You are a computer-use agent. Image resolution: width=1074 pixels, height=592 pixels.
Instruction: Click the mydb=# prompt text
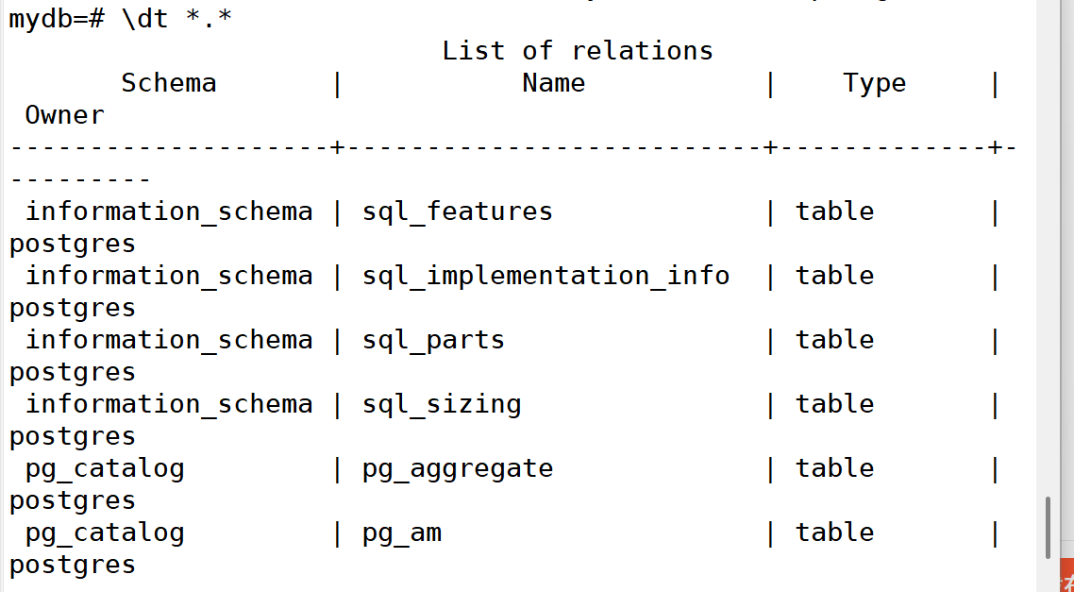coord(56,19)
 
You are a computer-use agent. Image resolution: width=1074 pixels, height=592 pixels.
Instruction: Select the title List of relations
coord(577,50)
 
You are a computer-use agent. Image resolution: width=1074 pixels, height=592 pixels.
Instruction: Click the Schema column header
coord(169,83)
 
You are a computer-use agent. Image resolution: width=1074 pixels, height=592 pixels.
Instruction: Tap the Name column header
coord(553,83)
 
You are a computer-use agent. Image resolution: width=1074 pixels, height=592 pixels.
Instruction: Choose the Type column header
coord(874,83)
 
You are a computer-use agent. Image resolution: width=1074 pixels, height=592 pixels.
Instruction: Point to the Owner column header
coord(64,115)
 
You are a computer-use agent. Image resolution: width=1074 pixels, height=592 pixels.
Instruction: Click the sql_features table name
coord(458,211)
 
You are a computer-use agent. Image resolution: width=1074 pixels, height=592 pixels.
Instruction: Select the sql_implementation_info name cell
coord(545,276)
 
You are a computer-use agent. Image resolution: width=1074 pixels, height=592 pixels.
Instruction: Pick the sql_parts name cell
coord(433,340)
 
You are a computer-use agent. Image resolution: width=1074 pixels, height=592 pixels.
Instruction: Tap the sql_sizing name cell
coord(442,404)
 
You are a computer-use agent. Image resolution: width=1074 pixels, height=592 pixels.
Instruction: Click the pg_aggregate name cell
coord(458,468)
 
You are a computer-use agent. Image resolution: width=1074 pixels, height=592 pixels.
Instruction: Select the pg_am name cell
coord(402,533)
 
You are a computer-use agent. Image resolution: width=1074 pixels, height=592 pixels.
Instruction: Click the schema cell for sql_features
coord(169,211)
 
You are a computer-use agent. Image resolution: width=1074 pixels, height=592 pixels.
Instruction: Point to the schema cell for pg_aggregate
coord(105,468)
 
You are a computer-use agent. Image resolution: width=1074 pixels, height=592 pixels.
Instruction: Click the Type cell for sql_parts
coord(834,340)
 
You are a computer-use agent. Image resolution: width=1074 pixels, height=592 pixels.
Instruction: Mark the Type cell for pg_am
coord(834,533)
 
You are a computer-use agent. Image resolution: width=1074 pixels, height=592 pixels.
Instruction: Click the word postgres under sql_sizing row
coord(73,436)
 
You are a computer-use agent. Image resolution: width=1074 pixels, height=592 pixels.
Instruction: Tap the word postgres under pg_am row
coord(73,565)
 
